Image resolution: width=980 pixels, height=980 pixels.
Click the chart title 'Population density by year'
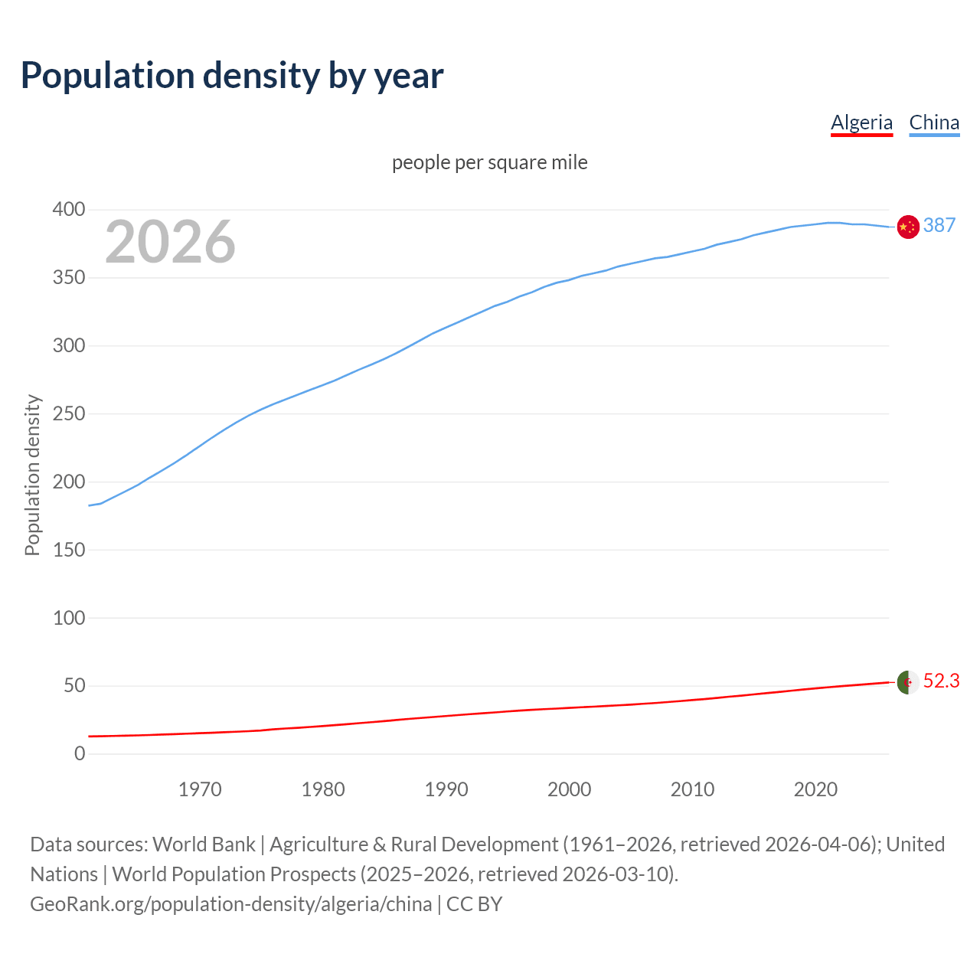(x=232, y=76)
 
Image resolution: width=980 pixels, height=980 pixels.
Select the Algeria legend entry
(x=861, y=122)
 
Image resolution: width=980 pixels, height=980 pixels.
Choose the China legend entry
(x=934, y=122)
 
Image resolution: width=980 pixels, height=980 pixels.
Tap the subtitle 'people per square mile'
(x=489, y=162)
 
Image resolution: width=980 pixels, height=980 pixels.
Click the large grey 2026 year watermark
(x=170, y=242)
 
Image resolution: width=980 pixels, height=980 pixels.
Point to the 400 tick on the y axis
(x=69, y=209)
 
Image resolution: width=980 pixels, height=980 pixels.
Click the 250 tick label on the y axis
(x=69, y=413)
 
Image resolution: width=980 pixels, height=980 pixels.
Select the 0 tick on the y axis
(x=80, y=753)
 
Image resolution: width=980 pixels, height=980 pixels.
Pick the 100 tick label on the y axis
(x=69, y=618)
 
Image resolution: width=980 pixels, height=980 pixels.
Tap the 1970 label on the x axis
(x=200, y=789)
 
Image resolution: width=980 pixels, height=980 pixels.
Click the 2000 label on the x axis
(x=569, y=789)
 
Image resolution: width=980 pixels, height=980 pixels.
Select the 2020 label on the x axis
(x=815, y=789)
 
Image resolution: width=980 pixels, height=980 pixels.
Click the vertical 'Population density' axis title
(x=32, y=475)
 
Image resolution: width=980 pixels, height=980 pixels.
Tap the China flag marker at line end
(x=908, y=227)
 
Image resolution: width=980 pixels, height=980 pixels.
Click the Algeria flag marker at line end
(x=908, y=681)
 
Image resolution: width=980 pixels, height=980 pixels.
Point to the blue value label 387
(x=939, y=225)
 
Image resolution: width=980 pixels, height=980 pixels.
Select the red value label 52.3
(x=941, y=681)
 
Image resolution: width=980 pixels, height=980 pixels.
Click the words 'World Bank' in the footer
(x=204, y=844)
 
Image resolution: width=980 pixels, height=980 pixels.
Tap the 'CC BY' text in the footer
(x=474, y=904)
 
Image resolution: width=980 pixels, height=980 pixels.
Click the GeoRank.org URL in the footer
(x=230, y=904)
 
